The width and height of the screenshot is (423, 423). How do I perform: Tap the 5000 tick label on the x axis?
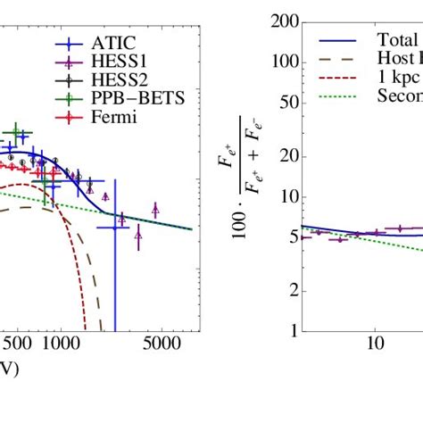158,344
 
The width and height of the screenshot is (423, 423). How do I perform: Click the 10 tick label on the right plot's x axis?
375,344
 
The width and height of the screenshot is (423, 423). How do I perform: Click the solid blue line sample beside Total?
340,41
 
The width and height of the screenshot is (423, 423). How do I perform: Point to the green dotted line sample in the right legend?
340,97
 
